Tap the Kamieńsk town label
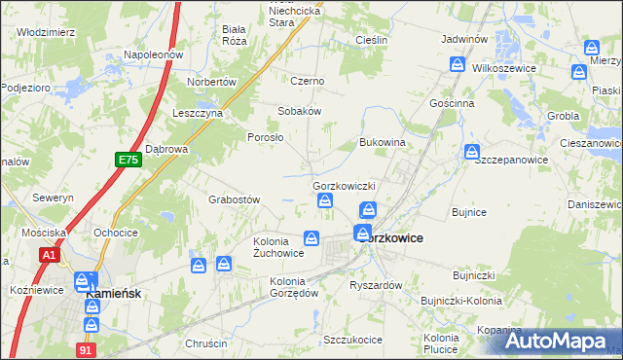[115, 293]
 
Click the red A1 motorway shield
[50, 255]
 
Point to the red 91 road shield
[87, 347]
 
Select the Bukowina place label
[382, 142]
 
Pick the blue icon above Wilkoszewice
[458, 63]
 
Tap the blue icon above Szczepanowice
[472, 152]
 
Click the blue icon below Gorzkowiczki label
[325, 201]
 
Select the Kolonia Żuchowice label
[278, 247]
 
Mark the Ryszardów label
[376, 285]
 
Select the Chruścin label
[205, 343]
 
